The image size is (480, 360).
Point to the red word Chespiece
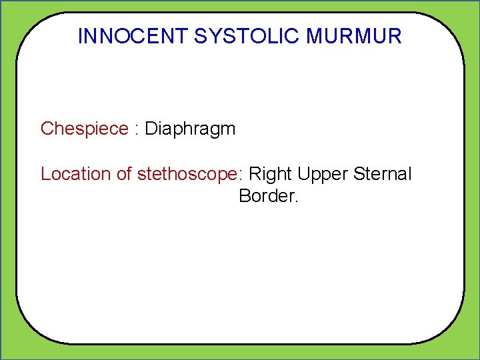84,129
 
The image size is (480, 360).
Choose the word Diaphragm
190,129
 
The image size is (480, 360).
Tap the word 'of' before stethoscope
125,174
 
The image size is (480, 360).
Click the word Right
271,174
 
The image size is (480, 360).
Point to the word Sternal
383,174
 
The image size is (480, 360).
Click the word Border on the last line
265,196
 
